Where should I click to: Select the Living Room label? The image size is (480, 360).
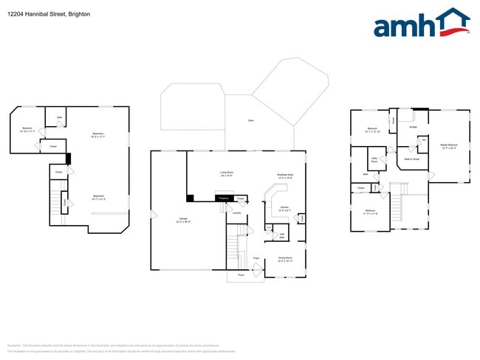point(227,174)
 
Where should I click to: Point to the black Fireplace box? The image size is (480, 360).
point(222,198)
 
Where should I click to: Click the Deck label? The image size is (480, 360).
point(251,120)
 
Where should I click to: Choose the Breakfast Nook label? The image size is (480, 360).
point(285,176)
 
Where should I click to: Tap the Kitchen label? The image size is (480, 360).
point(284,210)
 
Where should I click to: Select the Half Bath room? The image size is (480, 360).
point(282,235)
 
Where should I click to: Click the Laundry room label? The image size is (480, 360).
point(237,213)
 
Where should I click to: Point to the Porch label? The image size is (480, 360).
point(240,276)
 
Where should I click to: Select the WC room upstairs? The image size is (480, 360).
point(424,139)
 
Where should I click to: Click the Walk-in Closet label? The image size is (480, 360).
point(411,159)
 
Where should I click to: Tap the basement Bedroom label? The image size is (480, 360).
point(27,129)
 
